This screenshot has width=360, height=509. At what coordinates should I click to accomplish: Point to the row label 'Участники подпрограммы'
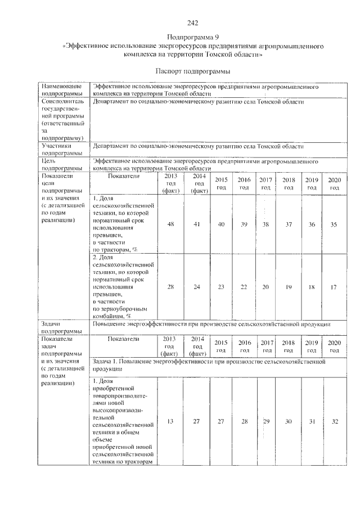[x=64, y=149]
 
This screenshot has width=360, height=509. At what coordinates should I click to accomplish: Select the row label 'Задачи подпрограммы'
[x=64, y=327]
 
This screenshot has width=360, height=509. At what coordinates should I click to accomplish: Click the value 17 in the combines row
[x=334, y=287]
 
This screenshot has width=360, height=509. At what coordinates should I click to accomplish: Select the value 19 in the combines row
[x=289, y=287]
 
